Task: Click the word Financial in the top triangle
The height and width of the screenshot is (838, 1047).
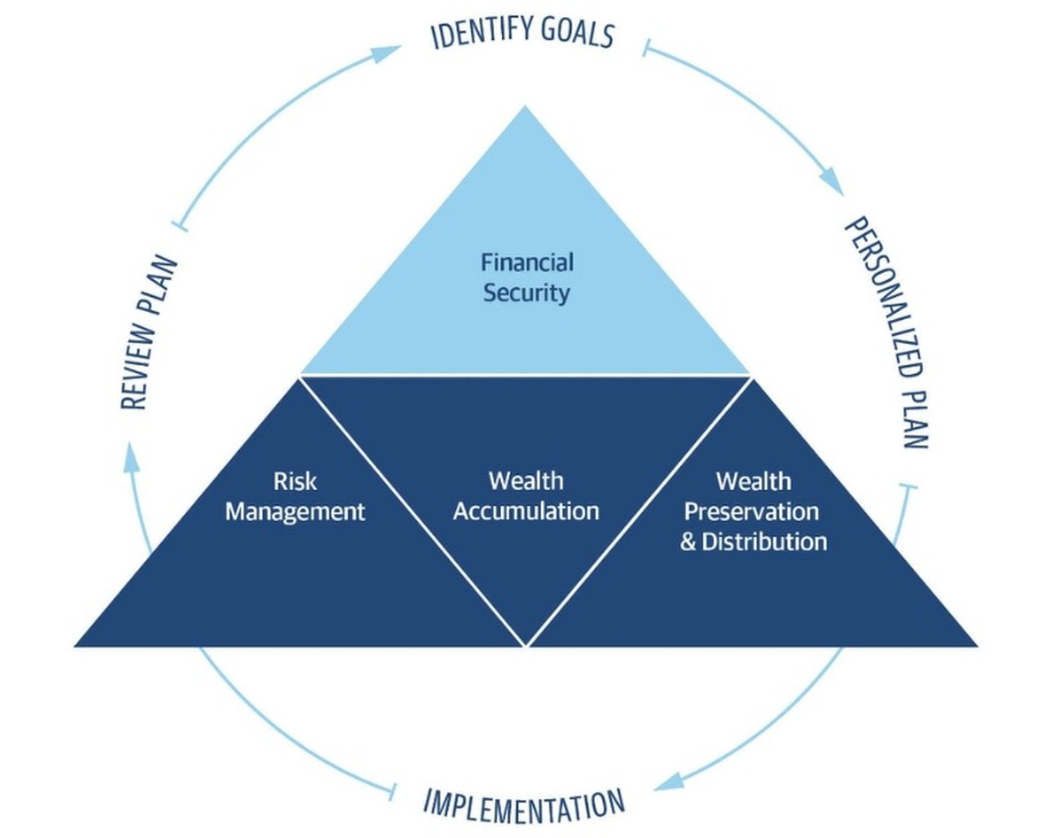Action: [x=527, y=263]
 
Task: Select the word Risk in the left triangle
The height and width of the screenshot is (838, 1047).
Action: [x=295, y=482]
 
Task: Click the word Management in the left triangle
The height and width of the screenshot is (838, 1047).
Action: [x=295, y=512]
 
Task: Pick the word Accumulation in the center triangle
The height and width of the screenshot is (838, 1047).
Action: [x=526, y=511]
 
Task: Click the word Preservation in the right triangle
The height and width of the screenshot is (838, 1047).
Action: [x=752, y=512]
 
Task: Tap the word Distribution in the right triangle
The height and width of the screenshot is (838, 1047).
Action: [x=764, y=541]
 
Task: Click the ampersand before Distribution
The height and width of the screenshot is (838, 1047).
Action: [x=688, y=542]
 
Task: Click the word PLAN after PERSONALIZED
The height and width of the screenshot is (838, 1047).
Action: [x=914, y=418]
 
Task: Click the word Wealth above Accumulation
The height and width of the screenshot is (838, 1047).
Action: [x=526, y=481]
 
